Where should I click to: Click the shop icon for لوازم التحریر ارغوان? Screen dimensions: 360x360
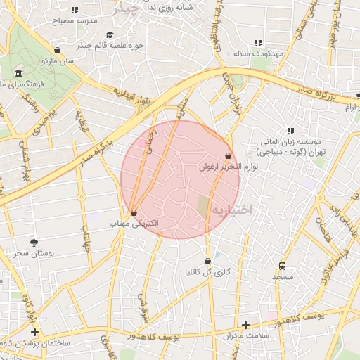pos(228,156)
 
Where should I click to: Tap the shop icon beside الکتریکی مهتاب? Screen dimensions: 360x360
pos(134,212)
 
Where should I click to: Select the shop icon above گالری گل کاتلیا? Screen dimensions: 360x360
pos(207,260)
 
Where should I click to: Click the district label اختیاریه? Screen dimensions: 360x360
pos(232,209)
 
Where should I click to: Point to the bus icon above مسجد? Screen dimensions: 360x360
pos(282,266)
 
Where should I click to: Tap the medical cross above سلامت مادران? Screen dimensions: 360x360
pos(245,325)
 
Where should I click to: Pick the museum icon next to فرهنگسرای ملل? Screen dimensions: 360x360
pos(18,73)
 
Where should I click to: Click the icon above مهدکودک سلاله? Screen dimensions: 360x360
pos(258,42)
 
